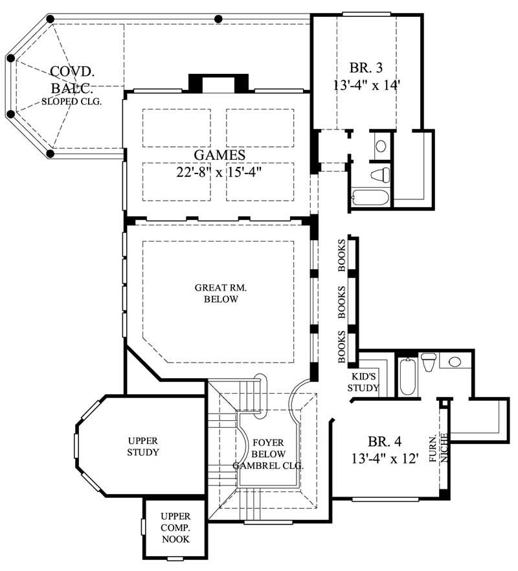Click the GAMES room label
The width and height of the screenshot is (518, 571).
[219, 155]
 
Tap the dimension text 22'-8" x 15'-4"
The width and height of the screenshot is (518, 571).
[219, 173]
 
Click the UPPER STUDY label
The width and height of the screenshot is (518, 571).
[142, 447]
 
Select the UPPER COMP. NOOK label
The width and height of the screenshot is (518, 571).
[175, 527]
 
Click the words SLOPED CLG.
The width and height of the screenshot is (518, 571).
[71, 102]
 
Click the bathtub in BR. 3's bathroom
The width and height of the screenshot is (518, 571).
[370, 197]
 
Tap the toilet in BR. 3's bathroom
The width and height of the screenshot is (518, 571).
[381, 174]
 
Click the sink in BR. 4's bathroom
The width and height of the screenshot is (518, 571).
[455, 361]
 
